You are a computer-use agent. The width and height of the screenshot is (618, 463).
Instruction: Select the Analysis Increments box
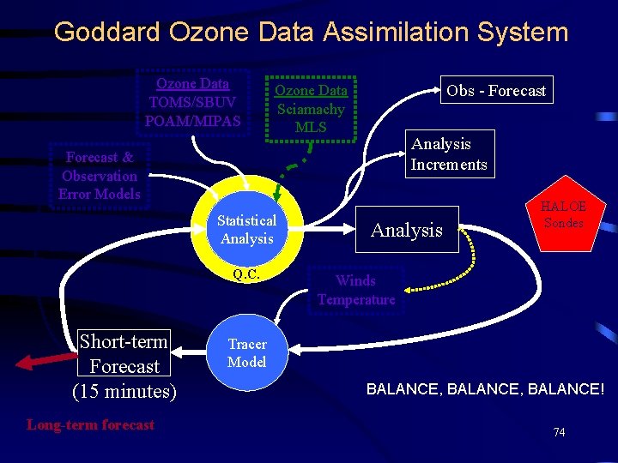point(448,154)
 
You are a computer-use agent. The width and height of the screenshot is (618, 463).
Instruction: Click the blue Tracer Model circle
point(247,353)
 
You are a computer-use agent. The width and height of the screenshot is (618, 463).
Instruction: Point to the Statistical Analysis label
point(246,230)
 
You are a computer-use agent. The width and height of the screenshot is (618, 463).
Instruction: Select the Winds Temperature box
point(356,290)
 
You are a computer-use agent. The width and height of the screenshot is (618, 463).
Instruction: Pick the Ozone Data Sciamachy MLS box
point(311,109)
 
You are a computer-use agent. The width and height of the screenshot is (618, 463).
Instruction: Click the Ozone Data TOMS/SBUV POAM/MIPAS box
point(193,102)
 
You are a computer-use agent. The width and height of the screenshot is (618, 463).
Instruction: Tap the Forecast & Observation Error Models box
point(99,175)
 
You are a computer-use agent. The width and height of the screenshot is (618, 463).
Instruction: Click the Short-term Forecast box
point(124,353)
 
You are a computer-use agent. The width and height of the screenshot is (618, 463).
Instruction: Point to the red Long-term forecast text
point(90,424)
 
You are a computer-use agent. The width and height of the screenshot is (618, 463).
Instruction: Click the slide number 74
point(559,432)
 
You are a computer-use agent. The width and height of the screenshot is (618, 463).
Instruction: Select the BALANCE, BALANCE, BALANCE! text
point(485,389)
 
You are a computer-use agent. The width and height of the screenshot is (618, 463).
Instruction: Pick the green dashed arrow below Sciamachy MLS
point(292,167)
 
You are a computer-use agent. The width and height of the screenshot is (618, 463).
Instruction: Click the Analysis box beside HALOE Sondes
point(406,230)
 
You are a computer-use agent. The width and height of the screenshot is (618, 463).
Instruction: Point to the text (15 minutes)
point(124,392)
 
